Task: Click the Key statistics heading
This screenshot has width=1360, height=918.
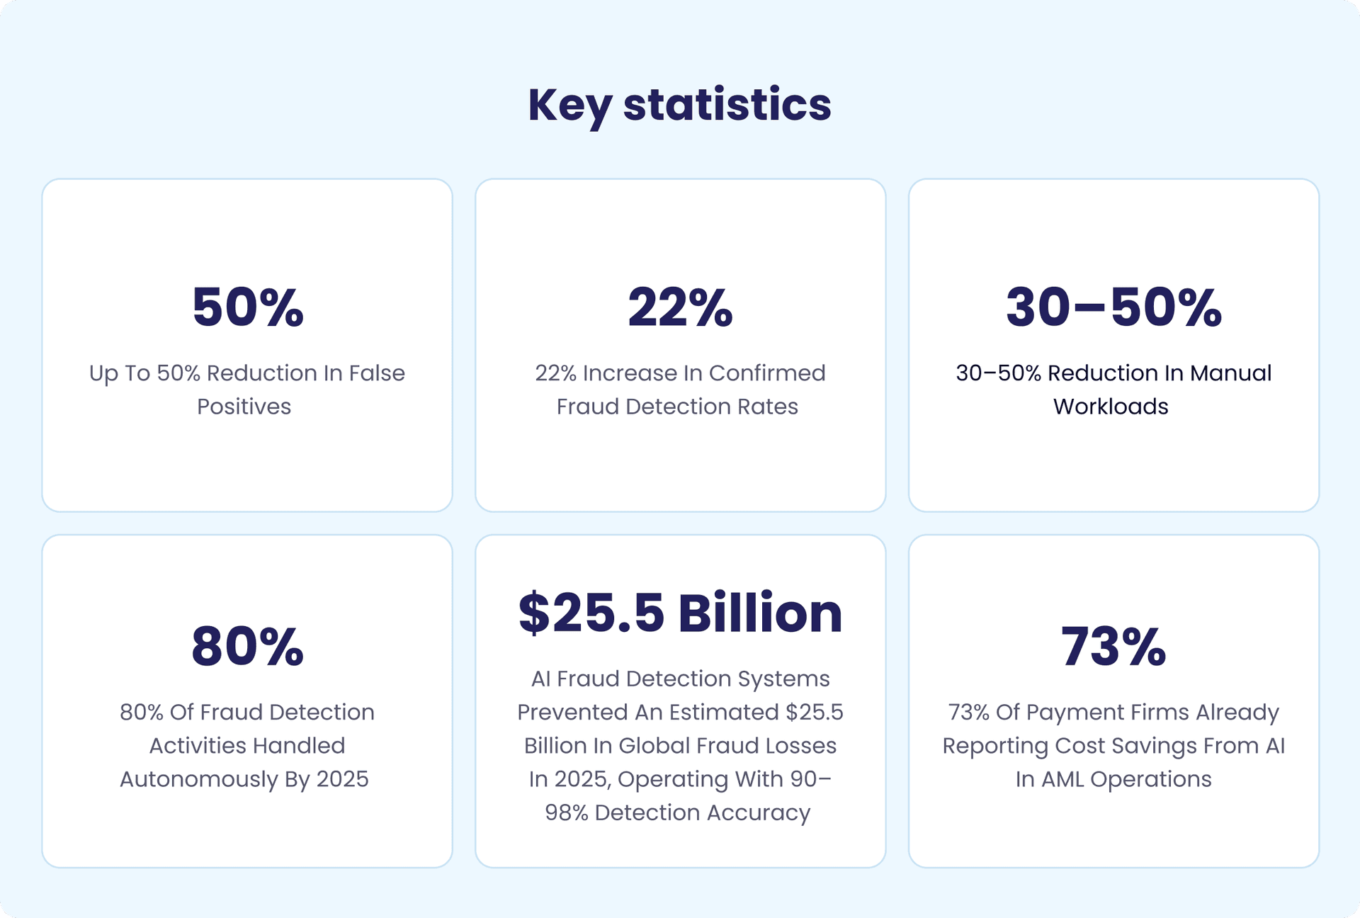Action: pos(679,105)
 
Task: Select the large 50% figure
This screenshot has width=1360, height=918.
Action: pos(248,307)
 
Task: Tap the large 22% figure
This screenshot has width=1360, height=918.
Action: pos(680,307)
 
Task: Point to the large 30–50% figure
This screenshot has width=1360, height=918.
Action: pos(1113,307)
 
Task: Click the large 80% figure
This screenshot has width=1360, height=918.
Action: pos(248,647)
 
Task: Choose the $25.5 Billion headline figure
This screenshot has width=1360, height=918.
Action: pos(680,613)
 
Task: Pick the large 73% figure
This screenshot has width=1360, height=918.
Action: pos(1113,647)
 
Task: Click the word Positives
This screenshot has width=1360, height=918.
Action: pos(244,407)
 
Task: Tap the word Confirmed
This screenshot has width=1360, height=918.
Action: pos(767,373)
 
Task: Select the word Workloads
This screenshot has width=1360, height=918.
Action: pos(1111,407)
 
